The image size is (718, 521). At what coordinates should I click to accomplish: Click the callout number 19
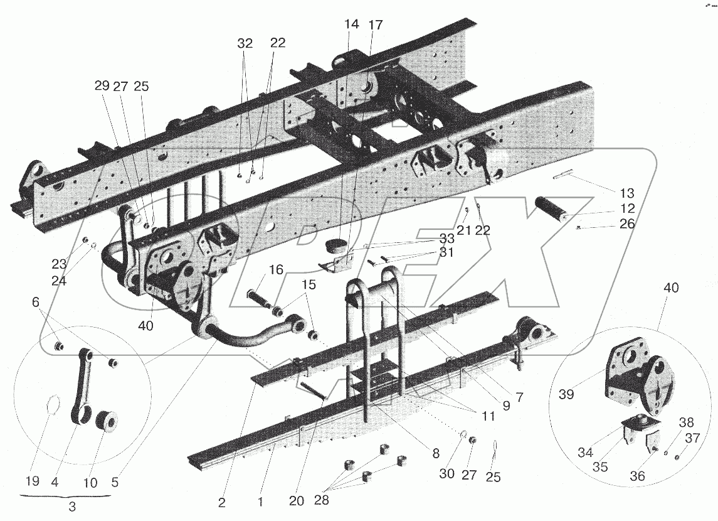(33, 481)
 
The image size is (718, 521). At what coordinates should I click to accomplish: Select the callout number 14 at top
(351, 24)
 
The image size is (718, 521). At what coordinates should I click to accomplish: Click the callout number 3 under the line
(72, 507)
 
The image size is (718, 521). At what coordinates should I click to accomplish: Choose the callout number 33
(447, 239)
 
